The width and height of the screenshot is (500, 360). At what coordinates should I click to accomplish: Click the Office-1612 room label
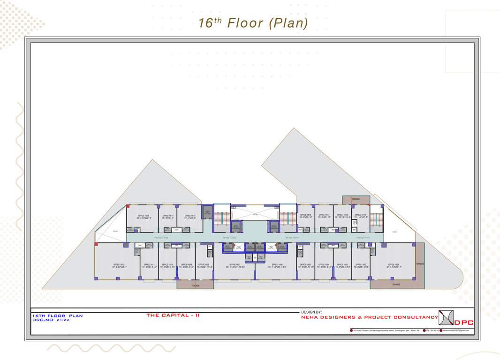[119, 264]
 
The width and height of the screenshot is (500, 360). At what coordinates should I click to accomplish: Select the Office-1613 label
[144, 215]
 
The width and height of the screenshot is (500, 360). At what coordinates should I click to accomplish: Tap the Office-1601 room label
[393, 264]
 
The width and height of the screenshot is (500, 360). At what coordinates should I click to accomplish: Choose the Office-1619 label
[360, 215]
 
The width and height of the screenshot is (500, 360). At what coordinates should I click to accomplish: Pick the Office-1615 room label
[190, 215]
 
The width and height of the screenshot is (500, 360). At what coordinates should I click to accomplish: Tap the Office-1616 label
[306, 215]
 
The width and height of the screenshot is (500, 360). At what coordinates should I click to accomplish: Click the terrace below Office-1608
[195, 285]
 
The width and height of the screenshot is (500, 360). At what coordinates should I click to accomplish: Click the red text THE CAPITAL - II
[173, 315]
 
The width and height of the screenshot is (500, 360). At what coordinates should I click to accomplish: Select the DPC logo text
[464, 322]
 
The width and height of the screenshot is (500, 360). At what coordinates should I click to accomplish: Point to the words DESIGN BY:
[311, 312]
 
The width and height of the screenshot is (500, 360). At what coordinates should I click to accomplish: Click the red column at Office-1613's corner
[128, 206]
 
